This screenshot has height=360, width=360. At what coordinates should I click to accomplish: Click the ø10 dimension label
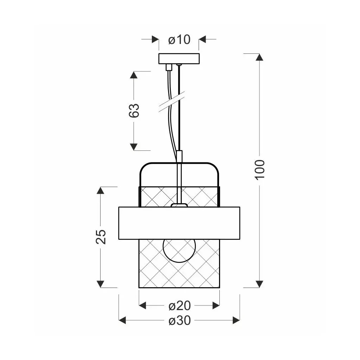[x=179, y=39]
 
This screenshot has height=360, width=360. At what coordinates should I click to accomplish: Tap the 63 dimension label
[x=134, y=111]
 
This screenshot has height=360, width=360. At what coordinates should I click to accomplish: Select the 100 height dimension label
[x=260, y=169]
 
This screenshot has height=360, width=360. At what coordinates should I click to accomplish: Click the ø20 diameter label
[x=180, y=306]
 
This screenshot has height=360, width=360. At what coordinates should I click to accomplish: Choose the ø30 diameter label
[x=180, y=321]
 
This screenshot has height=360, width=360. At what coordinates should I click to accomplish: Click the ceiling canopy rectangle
[x=179, y=59]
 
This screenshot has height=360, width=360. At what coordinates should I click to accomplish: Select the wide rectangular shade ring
[x=179, y=223]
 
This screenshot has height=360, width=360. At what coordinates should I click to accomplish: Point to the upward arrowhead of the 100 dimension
[x=259, y=57]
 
